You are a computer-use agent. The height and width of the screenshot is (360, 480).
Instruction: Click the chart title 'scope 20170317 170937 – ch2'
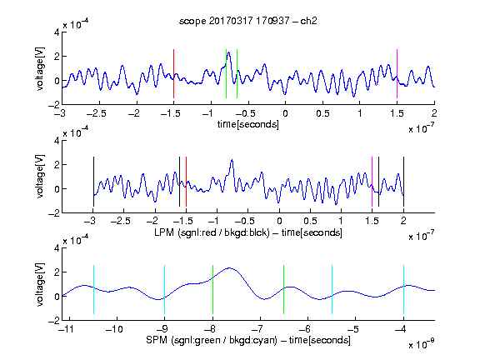pos(248,21)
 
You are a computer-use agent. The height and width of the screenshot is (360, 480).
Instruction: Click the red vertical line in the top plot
pos(173,74)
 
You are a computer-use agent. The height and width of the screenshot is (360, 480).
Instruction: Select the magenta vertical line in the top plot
pos(397,74)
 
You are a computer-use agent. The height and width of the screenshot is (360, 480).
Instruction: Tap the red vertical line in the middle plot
pos(186,182)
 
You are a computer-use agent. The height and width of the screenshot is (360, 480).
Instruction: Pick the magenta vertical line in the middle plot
pos(372,182)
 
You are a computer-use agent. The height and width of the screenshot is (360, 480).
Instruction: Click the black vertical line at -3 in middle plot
pos(93,182)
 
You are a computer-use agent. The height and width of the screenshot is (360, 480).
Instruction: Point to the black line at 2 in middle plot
pos(403,182)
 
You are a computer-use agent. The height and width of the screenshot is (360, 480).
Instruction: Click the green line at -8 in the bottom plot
pos(212,290)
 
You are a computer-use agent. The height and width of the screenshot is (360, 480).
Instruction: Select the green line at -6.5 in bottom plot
pos(284,290)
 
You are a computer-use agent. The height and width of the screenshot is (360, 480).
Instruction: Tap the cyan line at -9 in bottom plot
pos(165,290)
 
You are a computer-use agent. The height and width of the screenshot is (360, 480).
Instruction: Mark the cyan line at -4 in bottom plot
pos(404,290)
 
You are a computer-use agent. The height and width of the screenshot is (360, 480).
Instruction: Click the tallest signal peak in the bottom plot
pos(230,268)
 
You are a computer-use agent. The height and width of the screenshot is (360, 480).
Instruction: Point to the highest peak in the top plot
pos(228,52)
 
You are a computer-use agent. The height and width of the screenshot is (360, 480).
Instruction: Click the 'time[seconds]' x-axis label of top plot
pos(248,124)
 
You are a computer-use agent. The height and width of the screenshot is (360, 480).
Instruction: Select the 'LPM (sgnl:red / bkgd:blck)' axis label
pos(212,232)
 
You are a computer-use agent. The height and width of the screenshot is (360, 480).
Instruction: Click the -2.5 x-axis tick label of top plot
pos(96,114)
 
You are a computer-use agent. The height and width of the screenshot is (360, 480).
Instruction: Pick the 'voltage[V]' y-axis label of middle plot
pos(40,177)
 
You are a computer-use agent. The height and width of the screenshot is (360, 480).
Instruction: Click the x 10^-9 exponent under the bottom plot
pos(421,344)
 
